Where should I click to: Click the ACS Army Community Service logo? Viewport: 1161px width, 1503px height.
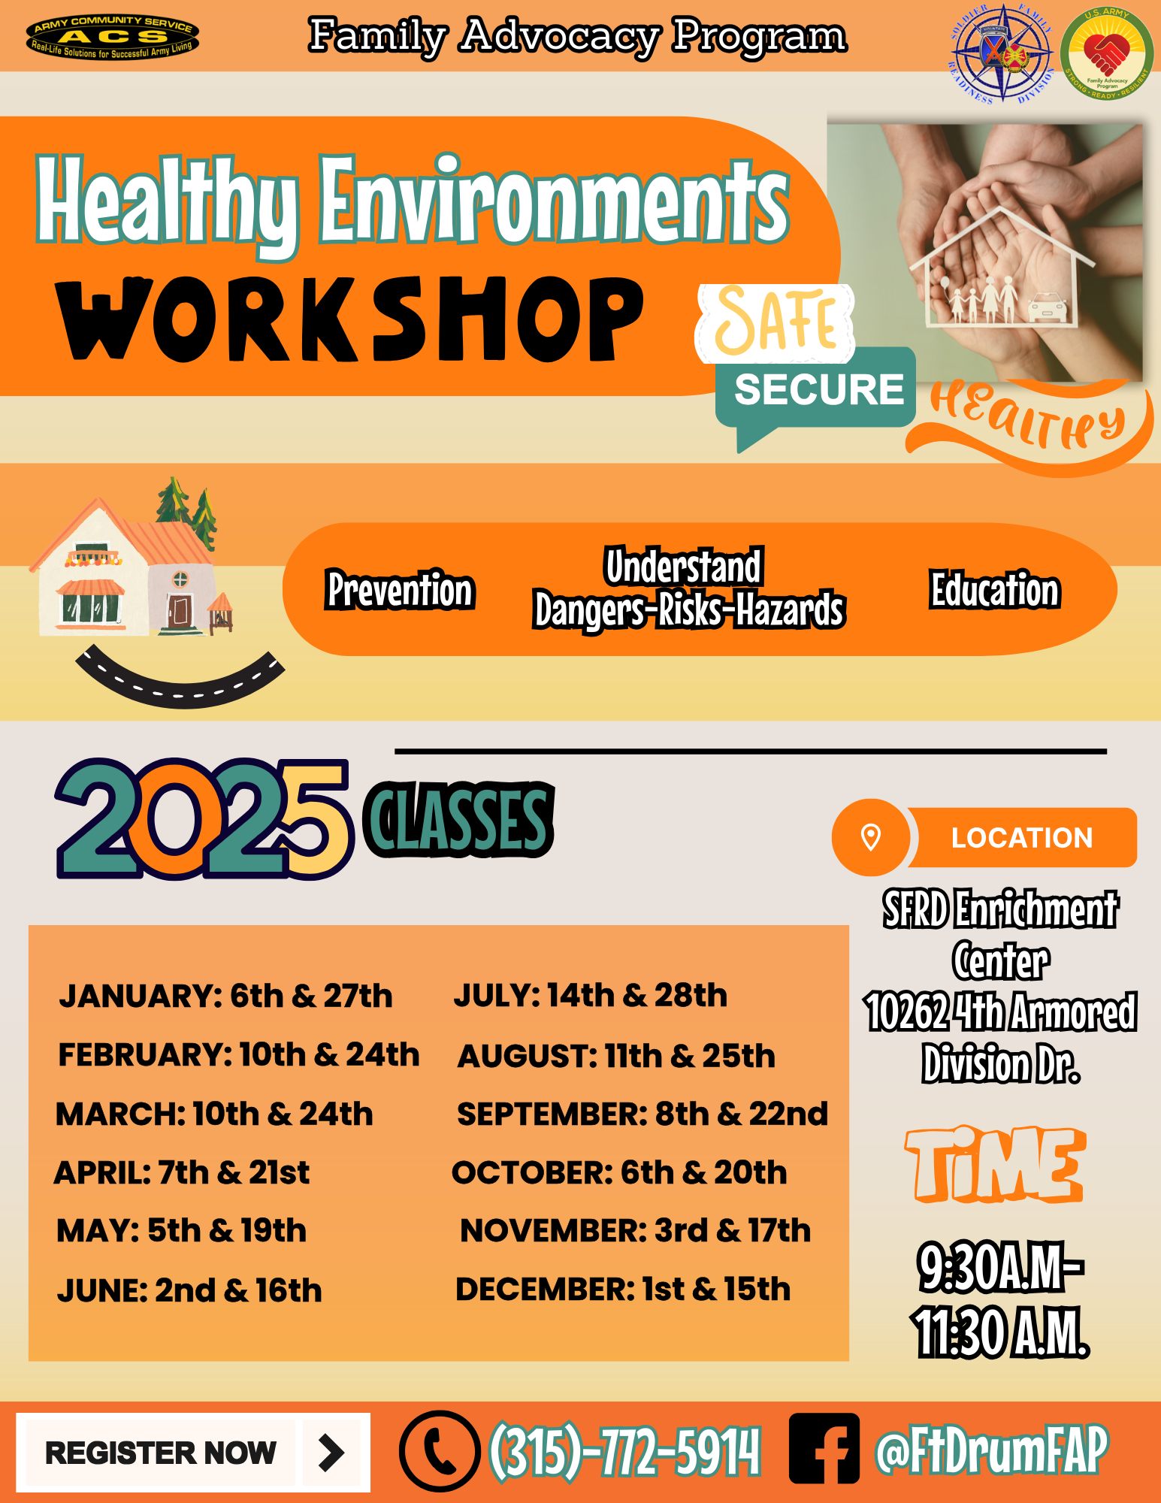(x=113, y=37)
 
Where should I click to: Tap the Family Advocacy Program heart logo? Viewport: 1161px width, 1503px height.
(x=1106, y=53)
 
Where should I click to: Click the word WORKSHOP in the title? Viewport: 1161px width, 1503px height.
(x=350, y=318)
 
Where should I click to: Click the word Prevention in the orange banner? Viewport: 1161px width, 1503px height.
(x=400, y=589)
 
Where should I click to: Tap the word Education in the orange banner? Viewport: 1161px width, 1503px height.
(x=995, y=589)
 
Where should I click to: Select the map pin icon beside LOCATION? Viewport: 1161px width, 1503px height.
(x=870, y=836)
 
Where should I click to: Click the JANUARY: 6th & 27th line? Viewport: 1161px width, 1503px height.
(x=225, y=996)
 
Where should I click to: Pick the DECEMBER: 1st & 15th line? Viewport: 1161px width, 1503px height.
(x=623, y=1289)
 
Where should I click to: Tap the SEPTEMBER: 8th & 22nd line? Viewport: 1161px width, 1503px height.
(x=642, y=1114)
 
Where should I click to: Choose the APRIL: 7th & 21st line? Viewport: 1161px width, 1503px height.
(x=182, y=1172)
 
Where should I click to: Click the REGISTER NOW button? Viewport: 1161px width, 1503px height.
(x=193, y=1453)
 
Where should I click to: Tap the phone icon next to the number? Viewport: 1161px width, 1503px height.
(x=440, y=1450)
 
